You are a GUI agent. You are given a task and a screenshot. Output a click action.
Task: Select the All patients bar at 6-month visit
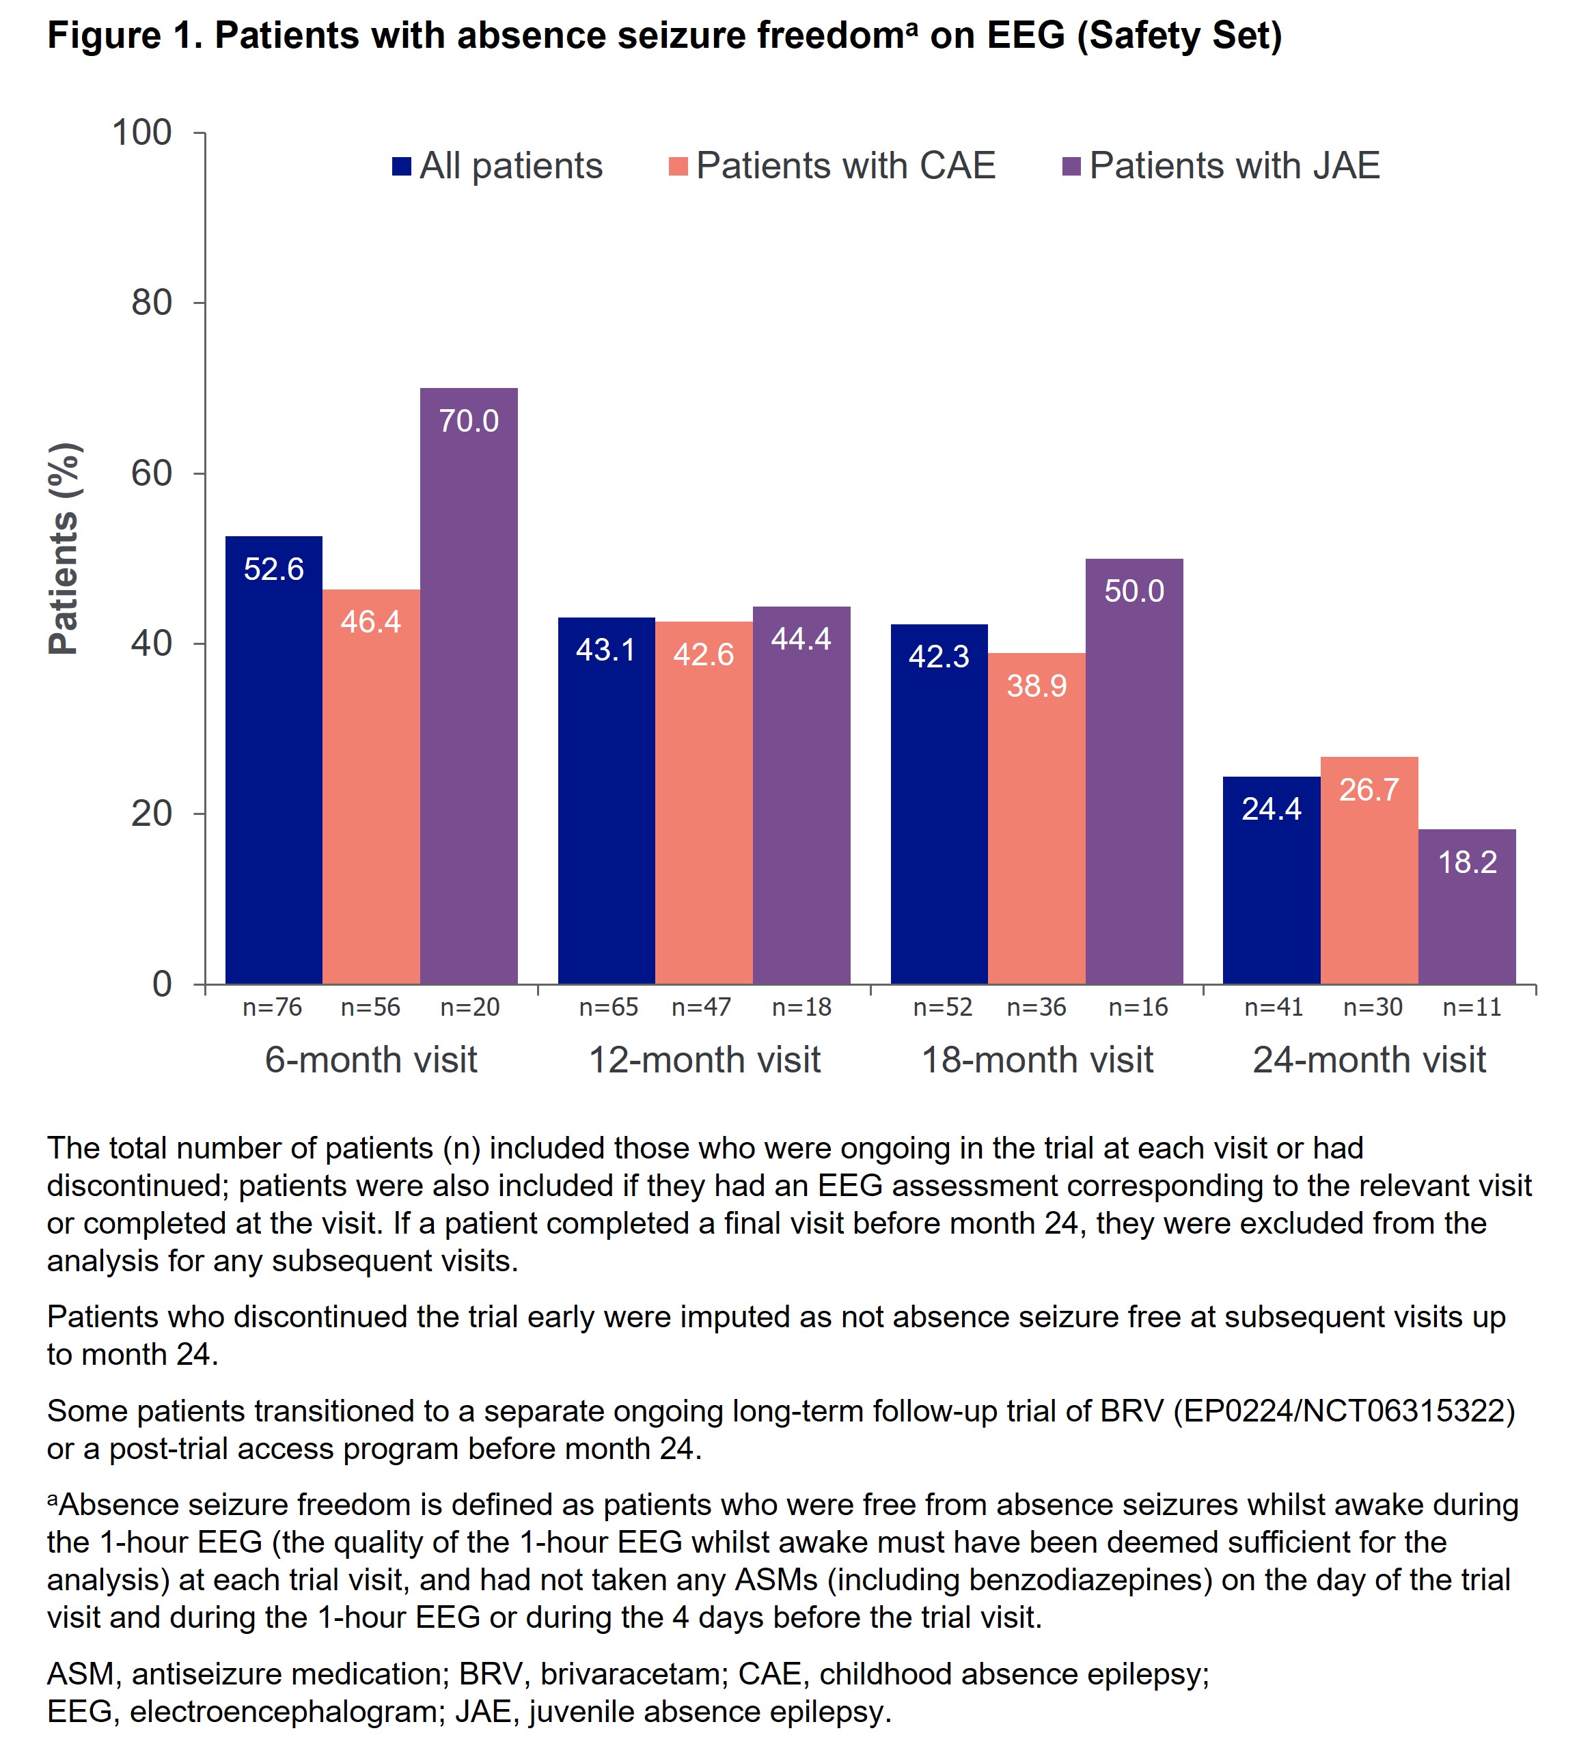(x=273, y=760)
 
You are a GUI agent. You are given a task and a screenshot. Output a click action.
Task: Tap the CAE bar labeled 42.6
(x=703, y=802)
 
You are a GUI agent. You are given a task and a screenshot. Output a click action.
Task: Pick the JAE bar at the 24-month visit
(x=1466, y=906)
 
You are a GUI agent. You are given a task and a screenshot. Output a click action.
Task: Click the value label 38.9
(x=1036, y=686)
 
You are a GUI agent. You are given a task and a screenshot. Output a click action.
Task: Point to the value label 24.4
(x=1270, y=809)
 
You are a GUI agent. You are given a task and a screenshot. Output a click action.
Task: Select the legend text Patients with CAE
(x=845, y=165)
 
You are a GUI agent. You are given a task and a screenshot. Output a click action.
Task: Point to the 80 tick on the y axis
(x=152, y=303)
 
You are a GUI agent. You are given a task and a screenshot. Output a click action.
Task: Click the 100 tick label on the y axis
(x=142, y=133)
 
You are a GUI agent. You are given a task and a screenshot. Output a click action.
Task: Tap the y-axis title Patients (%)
(x=64, y=548)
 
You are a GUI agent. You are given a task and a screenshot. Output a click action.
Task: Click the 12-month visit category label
(x=704, y=1059)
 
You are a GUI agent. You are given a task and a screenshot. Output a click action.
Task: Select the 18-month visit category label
(x=1037, y=1059)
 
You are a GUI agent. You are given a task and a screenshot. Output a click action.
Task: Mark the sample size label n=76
(x=272, y=1007)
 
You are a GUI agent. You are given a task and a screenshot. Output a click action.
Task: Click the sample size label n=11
(x=1472, y=1007)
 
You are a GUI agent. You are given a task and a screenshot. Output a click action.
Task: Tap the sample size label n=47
(x=700, y=1007)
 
